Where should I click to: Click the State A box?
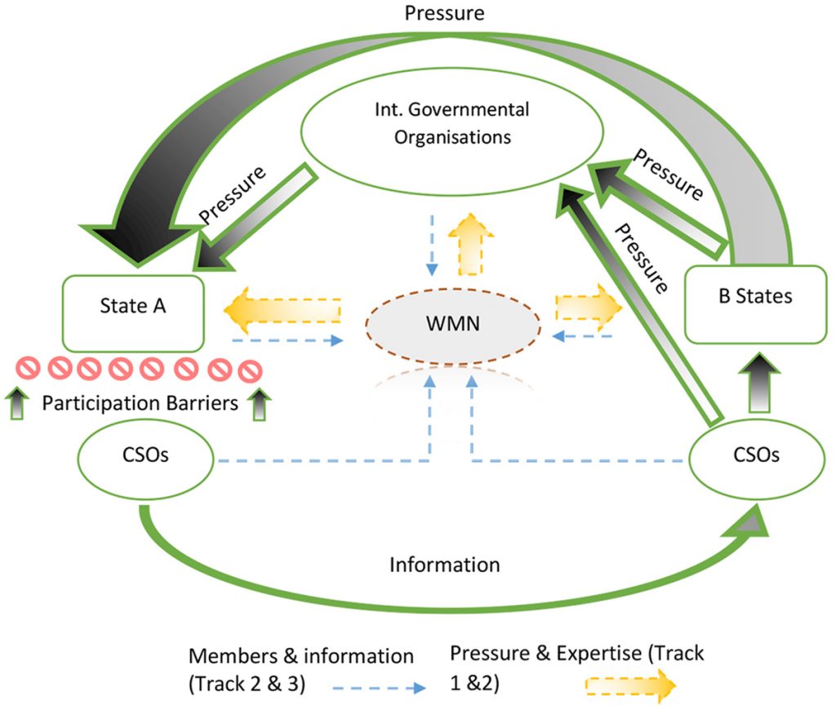133,313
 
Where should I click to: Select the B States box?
755,304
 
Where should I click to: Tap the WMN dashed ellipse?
453,326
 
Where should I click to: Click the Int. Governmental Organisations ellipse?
452,131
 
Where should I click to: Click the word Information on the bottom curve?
445,565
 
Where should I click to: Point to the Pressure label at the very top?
445,13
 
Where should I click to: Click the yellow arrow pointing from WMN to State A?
282,311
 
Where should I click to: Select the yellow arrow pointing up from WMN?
471,244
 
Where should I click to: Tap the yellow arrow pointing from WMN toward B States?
589,307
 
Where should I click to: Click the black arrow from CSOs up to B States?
759,383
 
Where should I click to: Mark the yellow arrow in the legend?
630,686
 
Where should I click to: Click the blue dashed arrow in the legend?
379,688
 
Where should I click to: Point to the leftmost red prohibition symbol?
28,367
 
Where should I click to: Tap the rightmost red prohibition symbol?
250,371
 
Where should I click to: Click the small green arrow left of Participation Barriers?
17,403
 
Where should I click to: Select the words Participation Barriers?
140,403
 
